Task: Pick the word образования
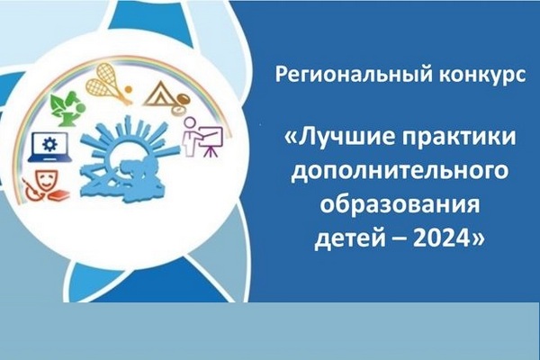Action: (x=400, y=204)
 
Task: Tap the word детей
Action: (x=350, y=238)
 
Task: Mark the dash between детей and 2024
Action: (x=400, y=239)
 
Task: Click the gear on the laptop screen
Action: (x=49, y=144)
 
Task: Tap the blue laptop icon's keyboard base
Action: (x=49, y=158)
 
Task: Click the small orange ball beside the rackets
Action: (x=128, y=90)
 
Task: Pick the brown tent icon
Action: (x=158, y=94)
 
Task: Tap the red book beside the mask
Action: (x=58, y=195)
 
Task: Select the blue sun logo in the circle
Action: (x=128, y=159)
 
